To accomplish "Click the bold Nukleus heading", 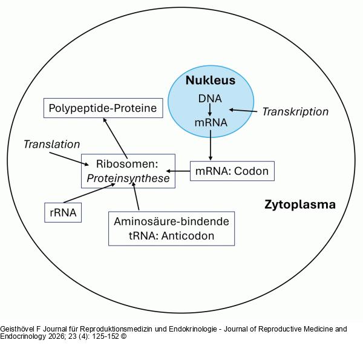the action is (211, 80).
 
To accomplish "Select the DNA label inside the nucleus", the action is (210, 99).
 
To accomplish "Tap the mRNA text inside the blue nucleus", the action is (211, 122).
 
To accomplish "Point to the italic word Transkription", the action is (295, 111).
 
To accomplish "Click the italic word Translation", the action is (52, 145).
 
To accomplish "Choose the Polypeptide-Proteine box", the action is (103, 108).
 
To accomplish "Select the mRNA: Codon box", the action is (232, 171).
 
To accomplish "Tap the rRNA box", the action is (63, 212).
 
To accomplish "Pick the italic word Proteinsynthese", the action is (128, 178).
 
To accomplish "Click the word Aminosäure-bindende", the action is (172, 221).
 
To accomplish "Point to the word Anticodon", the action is (188, 236).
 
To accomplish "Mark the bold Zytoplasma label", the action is (300, 205).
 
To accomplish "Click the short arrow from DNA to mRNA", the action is (210, 110).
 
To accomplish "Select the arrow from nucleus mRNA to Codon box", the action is (211, 145).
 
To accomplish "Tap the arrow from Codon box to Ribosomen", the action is (178, 171).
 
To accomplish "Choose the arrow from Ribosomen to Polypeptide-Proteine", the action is (116, 138).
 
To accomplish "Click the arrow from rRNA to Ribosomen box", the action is (90, 193).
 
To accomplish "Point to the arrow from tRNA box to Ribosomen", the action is (136, 196).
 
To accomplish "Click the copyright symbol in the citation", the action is (123, 336).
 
